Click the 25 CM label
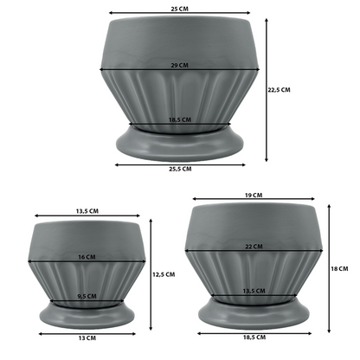tap(179, 9)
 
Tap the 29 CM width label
tap(179, 65)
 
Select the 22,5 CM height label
tap(279, 90)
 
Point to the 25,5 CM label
tap(180, 169)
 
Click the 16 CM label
tap(87, 257)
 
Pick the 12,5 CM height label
tap(164, 274)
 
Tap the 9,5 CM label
tap(87, 297)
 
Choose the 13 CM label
tap(87, 338)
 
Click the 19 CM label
tap(254, 196)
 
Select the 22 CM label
tap(254, 247)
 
